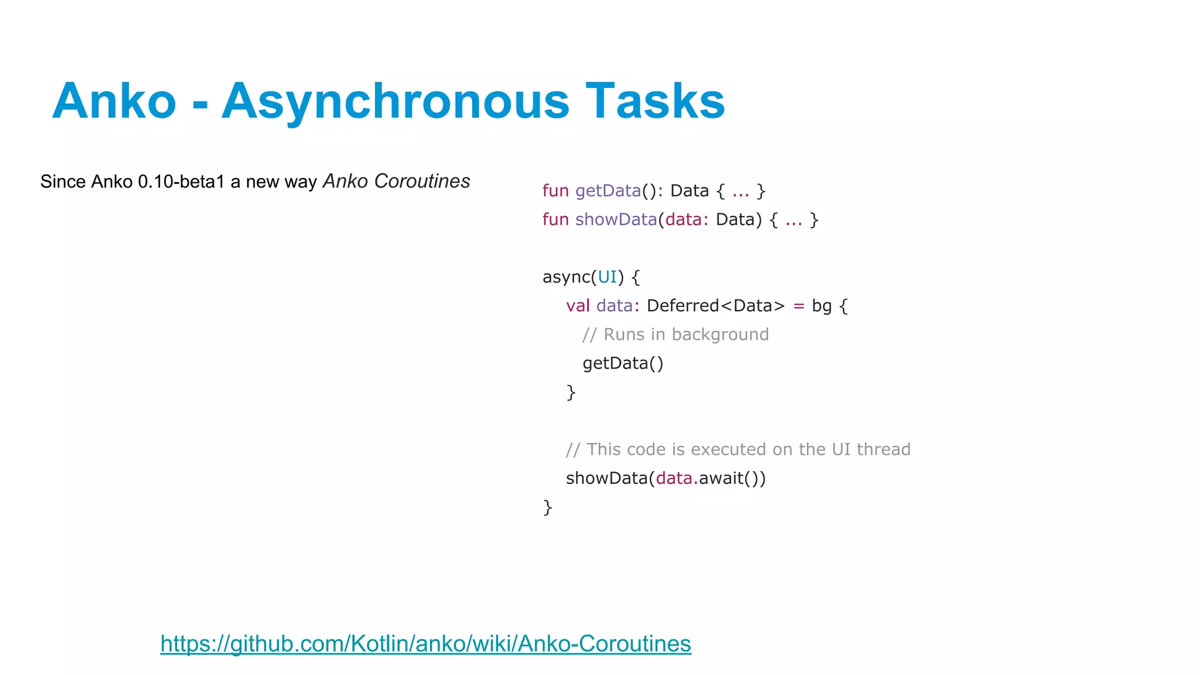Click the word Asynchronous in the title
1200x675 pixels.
(x=395, y=101)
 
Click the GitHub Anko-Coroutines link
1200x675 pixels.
(x=425, y=643)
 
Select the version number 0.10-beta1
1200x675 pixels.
(x=181, y=182)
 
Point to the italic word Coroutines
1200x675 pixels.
(x=422, y=181)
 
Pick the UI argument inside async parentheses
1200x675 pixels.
(x=607, y=277)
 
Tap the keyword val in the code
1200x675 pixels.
(x=578, y=305)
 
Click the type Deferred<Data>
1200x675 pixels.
(x=715, y=305)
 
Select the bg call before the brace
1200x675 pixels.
(x=821, y=305)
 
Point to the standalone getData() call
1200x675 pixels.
(x=623, y=363)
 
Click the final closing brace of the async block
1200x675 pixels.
(x=547, y=507)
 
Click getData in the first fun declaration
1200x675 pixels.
(x=608, y=190)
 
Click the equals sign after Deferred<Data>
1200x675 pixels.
(x=798, y=305)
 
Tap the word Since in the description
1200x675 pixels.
(x=63, y=182)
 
